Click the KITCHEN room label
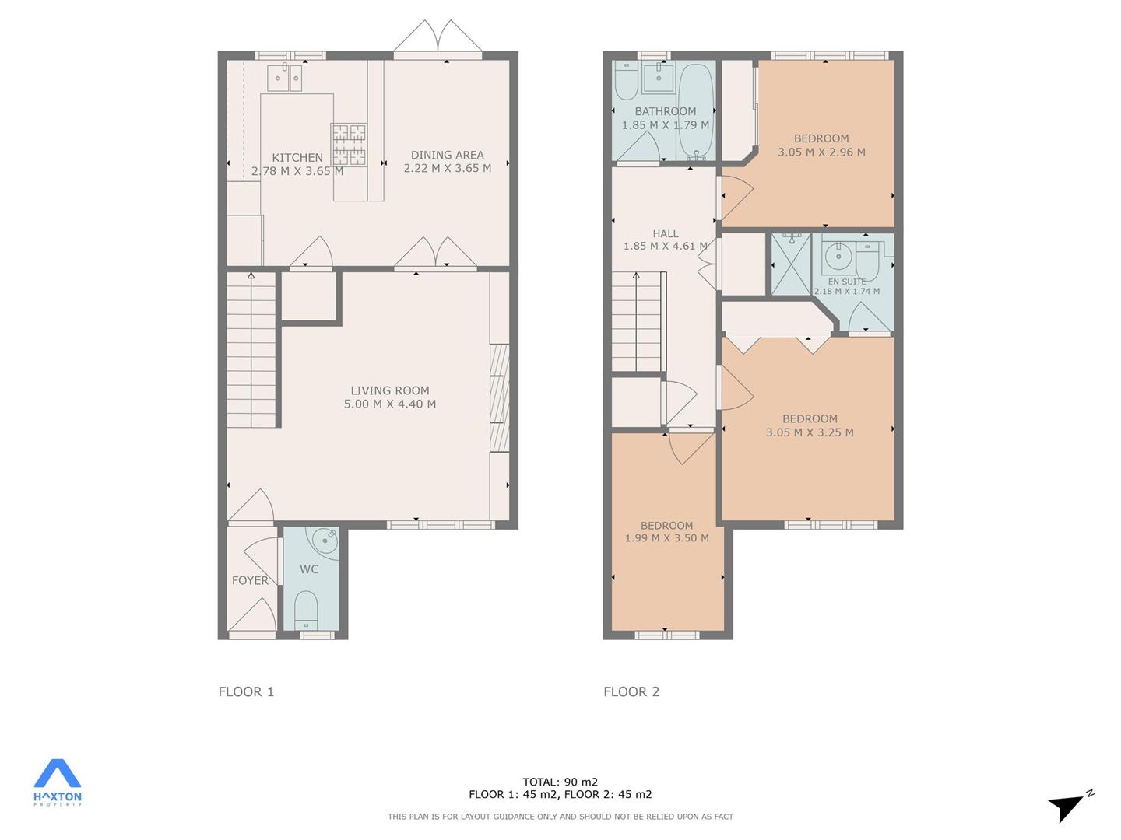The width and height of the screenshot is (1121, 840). click(x=297, y=158)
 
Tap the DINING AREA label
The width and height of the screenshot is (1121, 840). click(x=448, y=155)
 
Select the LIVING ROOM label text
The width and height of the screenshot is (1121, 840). click(x=390, y=390)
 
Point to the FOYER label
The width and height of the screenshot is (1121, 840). click(x=250, y=580)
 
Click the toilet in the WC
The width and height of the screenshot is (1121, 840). click(x=307, y=611)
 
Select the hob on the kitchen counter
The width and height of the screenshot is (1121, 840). click(x=350, y=145)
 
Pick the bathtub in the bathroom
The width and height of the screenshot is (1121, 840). click(x=696, y=111)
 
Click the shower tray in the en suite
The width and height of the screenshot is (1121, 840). click(x=791, y=264)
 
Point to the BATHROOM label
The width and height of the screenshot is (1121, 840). click(x=665, y=111)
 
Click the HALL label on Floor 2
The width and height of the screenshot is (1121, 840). click(x=666, y=233)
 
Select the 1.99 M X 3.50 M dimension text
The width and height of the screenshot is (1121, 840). click(x=666, y=537)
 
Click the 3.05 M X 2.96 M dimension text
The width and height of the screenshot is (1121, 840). click(x=821, y=152)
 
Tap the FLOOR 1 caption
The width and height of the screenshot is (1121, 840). click(x=246, y=691)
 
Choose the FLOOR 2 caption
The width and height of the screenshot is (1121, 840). click(x=631, y=691)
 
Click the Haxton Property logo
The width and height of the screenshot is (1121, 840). click(x=57, y=783)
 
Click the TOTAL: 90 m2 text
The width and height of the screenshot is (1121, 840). click(x=560, y=782)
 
